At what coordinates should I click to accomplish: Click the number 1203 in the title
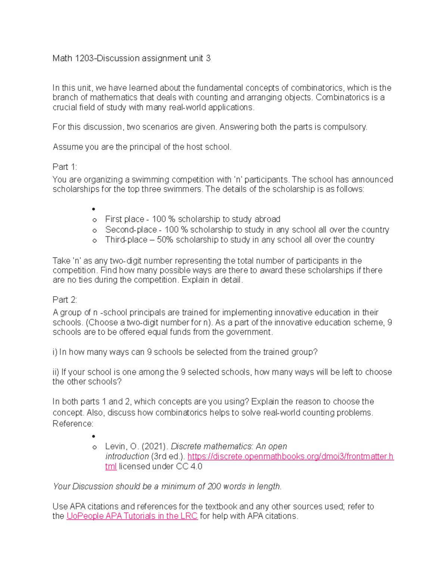point(84,58)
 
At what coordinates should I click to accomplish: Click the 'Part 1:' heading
point(65,167)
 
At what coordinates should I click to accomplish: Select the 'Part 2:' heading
point(65,300)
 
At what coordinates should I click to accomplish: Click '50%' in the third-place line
point(165,240)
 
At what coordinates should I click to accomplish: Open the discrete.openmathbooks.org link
point(290,456)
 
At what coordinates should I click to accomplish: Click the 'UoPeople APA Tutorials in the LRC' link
point(132,516)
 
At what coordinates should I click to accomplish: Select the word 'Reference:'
point(73,424)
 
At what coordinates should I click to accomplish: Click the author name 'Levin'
point(116,447)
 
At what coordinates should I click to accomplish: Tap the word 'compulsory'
point(345,127)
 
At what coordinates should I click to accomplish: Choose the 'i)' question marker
point(55,352)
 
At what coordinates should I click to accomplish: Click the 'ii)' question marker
point(56,372)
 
